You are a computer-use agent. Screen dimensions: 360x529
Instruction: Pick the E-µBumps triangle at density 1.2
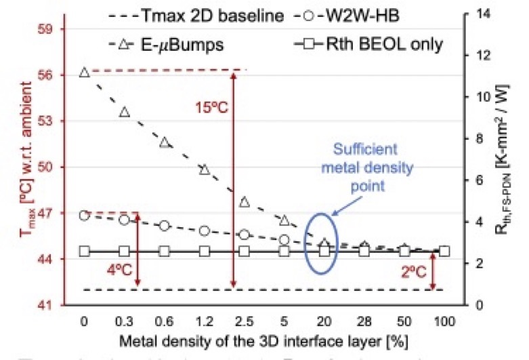pos(205,169)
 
